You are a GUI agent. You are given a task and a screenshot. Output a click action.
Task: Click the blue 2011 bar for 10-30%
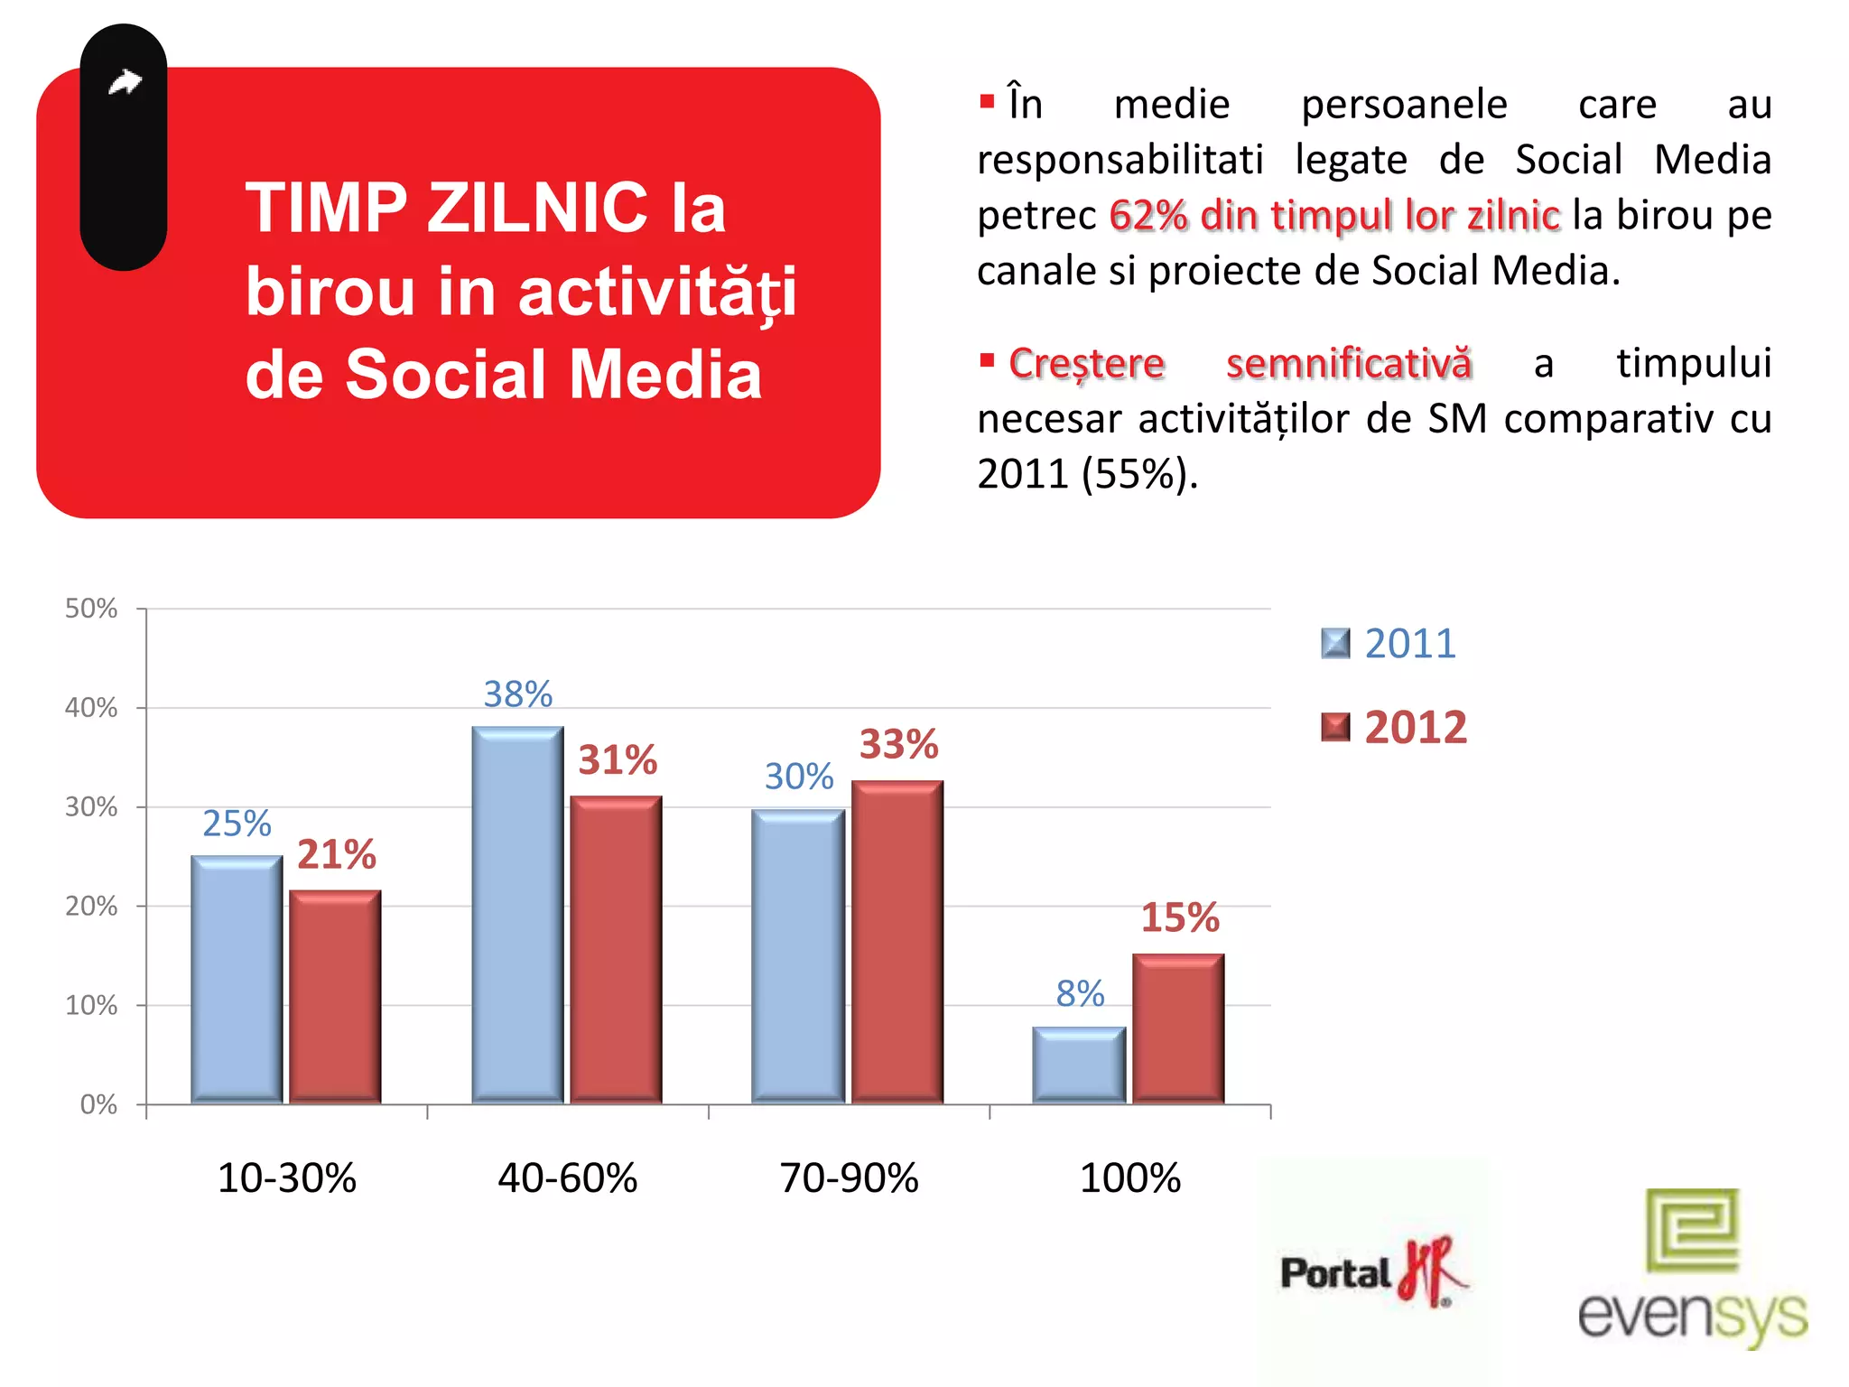click(237, 980)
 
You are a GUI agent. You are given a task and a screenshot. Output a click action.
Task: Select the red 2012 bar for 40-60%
click(616, 950)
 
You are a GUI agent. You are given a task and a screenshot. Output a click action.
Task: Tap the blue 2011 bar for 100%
click(1079, 1066)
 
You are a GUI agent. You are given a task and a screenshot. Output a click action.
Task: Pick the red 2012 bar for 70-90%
click(897, 942)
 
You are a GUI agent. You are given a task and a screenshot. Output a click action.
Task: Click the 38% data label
click(517, 694)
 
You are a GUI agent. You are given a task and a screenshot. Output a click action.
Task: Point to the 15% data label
click(1179, 918)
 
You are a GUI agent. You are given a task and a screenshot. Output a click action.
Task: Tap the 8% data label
click(1080, 994)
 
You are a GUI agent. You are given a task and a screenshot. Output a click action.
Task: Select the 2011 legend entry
click(1390, 644)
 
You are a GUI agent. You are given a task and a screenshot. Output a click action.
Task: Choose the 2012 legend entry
click(1395, 728)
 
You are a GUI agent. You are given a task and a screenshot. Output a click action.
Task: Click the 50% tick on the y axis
click(91, 609)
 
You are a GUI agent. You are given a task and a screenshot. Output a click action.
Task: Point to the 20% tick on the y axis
click(91, 906)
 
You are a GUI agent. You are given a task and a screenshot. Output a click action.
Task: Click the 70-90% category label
click(849, 1178)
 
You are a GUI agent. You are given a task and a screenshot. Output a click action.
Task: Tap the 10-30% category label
click(287, 1178)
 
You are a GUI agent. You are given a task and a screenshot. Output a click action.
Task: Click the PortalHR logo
click(1372, 1271)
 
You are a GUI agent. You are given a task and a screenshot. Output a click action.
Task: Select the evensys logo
click(1692, 1269)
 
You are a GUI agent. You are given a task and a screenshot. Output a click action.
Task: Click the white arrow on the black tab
click(125, 83)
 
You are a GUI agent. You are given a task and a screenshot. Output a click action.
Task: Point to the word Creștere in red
click(1086, 364)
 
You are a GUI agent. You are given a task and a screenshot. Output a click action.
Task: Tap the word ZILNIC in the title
click(537, 209)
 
